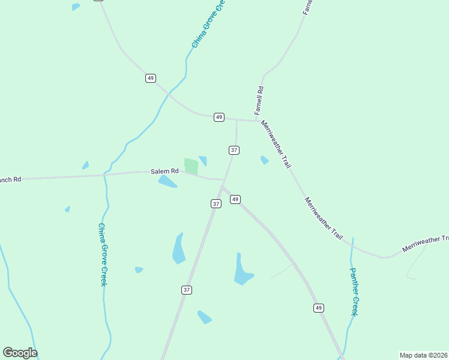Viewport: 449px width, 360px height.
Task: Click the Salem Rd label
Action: (164, 172)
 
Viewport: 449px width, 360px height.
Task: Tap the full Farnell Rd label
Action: (259, 101)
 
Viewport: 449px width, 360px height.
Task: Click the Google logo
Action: (20, 353)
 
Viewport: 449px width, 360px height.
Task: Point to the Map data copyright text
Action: (423, 355)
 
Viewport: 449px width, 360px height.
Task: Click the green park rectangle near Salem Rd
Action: (191, 166)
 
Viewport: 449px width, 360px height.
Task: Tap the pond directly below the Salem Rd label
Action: (167, 182)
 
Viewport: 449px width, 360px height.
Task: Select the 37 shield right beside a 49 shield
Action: (216, 204)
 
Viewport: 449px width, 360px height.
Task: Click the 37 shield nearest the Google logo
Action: (187, 290)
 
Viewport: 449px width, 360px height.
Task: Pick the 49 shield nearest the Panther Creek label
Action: (318, 308)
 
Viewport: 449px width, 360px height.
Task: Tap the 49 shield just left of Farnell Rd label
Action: (219, 117)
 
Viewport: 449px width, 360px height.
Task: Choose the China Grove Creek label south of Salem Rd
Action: (103, 254)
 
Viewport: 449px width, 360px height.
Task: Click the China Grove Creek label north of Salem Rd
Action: (207, 24)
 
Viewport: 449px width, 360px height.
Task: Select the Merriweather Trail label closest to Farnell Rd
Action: (276, 143)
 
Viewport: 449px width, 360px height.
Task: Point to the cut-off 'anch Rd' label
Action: (10, 179)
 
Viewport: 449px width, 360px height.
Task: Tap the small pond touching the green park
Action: (203, 161)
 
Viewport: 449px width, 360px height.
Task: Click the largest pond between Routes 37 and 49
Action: (243, 270)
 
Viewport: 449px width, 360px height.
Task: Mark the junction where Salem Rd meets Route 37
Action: (224, 179)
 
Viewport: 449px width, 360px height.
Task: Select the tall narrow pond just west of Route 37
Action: (179, 248)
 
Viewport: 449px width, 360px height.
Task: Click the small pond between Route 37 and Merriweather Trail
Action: (264, 160)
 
